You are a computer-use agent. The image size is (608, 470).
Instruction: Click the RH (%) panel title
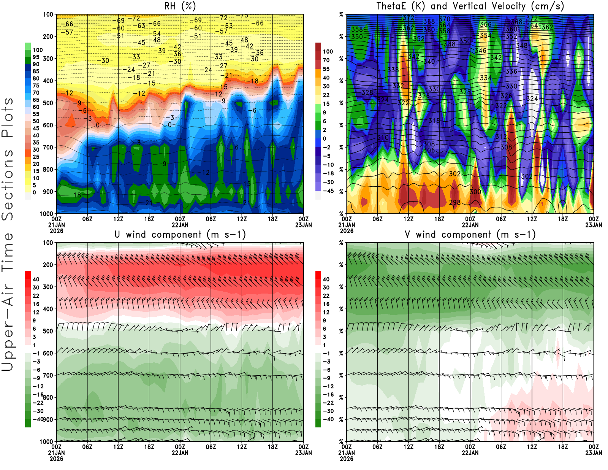point(180,6)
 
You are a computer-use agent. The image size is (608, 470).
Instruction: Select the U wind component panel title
point(180,234)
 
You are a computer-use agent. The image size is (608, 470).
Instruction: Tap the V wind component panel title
point(470,234)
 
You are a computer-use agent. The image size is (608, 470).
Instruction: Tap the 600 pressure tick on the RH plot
point(48,125)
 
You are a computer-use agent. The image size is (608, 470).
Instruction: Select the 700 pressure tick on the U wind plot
point(48,375)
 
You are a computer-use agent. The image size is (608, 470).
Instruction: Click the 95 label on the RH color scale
point(36,57)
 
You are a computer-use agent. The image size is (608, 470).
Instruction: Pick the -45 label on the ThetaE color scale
point(328,191)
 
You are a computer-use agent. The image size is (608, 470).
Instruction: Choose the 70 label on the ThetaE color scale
point(326,60)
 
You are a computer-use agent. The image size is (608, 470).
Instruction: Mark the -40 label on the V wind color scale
point(328,419)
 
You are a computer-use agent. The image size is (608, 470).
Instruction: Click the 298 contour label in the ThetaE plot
point(455,202)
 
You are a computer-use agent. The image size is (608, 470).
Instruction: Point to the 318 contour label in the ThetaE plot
point(434,121)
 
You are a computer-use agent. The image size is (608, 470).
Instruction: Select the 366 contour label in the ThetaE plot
point(485,24)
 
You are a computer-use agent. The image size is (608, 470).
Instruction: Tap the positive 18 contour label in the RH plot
point(77,195)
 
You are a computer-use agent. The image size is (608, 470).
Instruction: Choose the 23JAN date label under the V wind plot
point(594,453)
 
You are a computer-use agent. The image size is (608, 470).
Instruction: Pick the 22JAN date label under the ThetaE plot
point(470,225)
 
